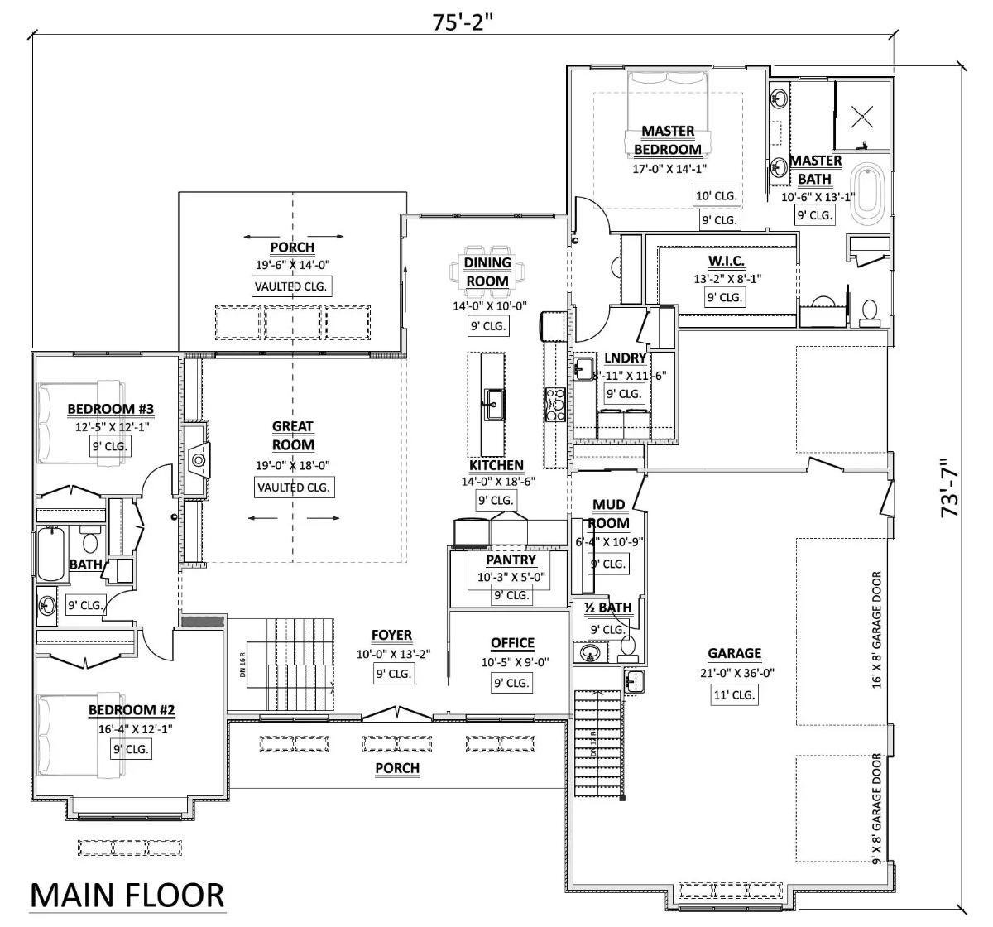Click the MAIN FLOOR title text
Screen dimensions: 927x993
pyautogui.click(x=127, y=896)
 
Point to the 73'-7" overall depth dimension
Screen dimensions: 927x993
pyautogui.click(x=951, y=488)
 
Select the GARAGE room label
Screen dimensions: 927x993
pyautogui.click(x=734, y=653)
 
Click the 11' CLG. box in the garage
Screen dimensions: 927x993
pyautogui.click(x=734, y=695)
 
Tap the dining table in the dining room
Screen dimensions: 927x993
pyautogui.click(x=487, y=271)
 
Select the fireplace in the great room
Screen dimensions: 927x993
pyautogui.click(x=198, y=459)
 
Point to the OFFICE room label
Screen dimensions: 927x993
pyautogui.click(x=512, y=643)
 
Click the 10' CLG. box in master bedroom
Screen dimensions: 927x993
pyautogui.click(x=717, y=196)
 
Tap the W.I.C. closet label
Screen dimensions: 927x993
pyautogui.click(x=726, y=261)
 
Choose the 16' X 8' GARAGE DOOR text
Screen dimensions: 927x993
pyautogui.click(x=876, y=630)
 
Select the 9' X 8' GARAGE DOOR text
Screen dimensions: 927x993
pyautogui.click(x=876, y=808)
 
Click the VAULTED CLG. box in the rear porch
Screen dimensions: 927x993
pyautogui.click(x=291, y=286)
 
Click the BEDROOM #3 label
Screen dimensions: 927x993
pyautogui.click(x=110, y=409)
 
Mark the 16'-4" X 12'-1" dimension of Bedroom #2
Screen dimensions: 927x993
pyautogui.click(x=132, y=728)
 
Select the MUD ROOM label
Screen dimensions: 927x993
pyautogui.click(x=608, y=514)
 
